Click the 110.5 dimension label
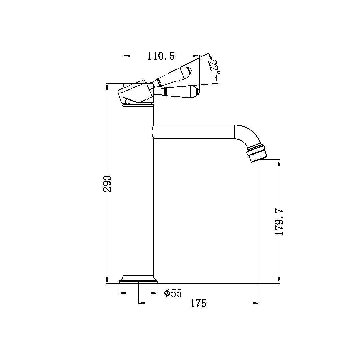pyautogui.click(x=161, y=56)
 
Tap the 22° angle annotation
pyautogui.click(x=214, y=66)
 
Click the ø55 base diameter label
pyautogui.click(x=173, y=293)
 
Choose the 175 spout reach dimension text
pyautogui.click(x=198, y=304)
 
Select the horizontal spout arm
pyautogui.click(x=193, y=132)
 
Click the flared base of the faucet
pyautogui.click(x=138, y=280)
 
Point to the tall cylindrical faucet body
pyautogui.click(x=138, y=195)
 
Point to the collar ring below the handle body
pyautogui.click(x=138, y=105)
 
